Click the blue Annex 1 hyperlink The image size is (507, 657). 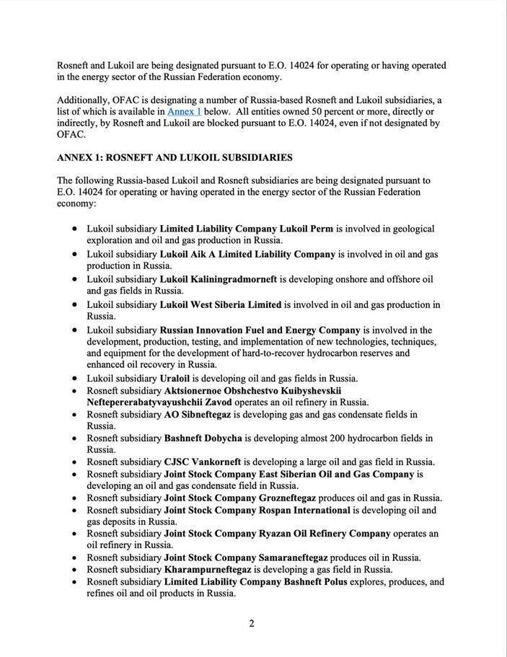tap(184, 112)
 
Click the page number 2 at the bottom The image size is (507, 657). tap(252, 624)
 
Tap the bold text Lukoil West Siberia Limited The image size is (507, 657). tap(220, 304)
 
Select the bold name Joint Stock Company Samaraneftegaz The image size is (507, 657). tap(246, 557)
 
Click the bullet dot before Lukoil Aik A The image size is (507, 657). tap(76, 255)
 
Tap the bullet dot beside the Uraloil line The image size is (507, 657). tap(76, 379)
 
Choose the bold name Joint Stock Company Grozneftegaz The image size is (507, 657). tap(239, 498)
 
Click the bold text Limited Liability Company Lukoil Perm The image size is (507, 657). tap(246, 229)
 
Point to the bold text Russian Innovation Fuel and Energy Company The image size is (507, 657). tap(260, 330)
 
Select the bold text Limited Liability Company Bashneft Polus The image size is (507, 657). tap(255, 581)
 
